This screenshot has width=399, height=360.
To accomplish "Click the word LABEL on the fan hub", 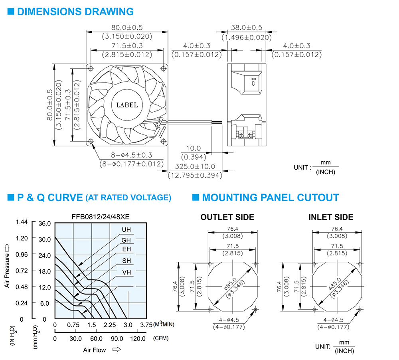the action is tap(127, 105).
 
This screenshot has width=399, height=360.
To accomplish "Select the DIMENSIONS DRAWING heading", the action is tap(75, 12).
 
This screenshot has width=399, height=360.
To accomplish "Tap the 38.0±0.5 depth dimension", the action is tap(246, 28).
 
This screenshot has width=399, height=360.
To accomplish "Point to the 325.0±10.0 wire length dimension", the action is tap(195, 166).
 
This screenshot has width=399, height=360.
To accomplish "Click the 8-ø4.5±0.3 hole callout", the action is tap(131, 155).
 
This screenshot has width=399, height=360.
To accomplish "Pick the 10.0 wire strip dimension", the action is tap(194, 148).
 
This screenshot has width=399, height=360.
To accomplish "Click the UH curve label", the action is tap(126, 229).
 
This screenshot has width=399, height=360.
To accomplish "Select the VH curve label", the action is tap(126, 273).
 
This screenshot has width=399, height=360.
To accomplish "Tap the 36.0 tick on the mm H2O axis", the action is tap(45, 224).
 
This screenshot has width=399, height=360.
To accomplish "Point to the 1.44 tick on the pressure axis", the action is tap(22, 222).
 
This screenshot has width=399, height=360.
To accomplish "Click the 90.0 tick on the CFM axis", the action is tap(117, 338).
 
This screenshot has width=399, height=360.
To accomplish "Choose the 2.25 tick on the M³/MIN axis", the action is tap(110, 325).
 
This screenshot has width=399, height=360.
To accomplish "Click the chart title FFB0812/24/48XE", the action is tap(101, 217).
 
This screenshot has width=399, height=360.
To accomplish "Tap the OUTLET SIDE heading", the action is tap(227, 217).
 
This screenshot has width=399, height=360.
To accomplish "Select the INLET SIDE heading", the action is tap(331, 217).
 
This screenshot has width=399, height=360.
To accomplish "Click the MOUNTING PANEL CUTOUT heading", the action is tap(271, 198).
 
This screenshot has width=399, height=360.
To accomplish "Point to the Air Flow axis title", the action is tap(95, 350).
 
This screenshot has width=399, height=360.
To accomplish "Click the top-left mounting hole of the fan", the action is tap(91, 69).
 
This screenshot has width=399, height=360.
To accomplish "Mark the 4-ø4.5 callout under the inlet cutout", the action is tap(333, 320).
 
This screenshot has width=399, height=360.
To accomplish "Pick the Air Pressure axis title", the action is tap(7, 270).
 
